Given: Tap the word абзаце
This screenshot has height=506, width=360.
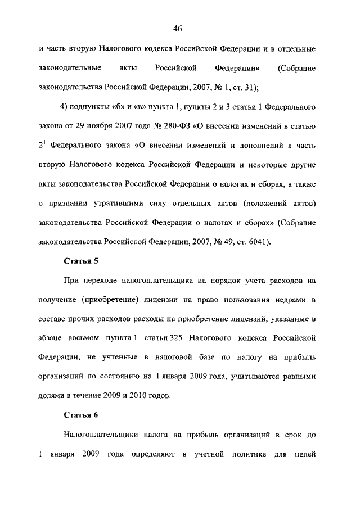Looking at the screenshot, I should pyautogui.click(x=50, y=338).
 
